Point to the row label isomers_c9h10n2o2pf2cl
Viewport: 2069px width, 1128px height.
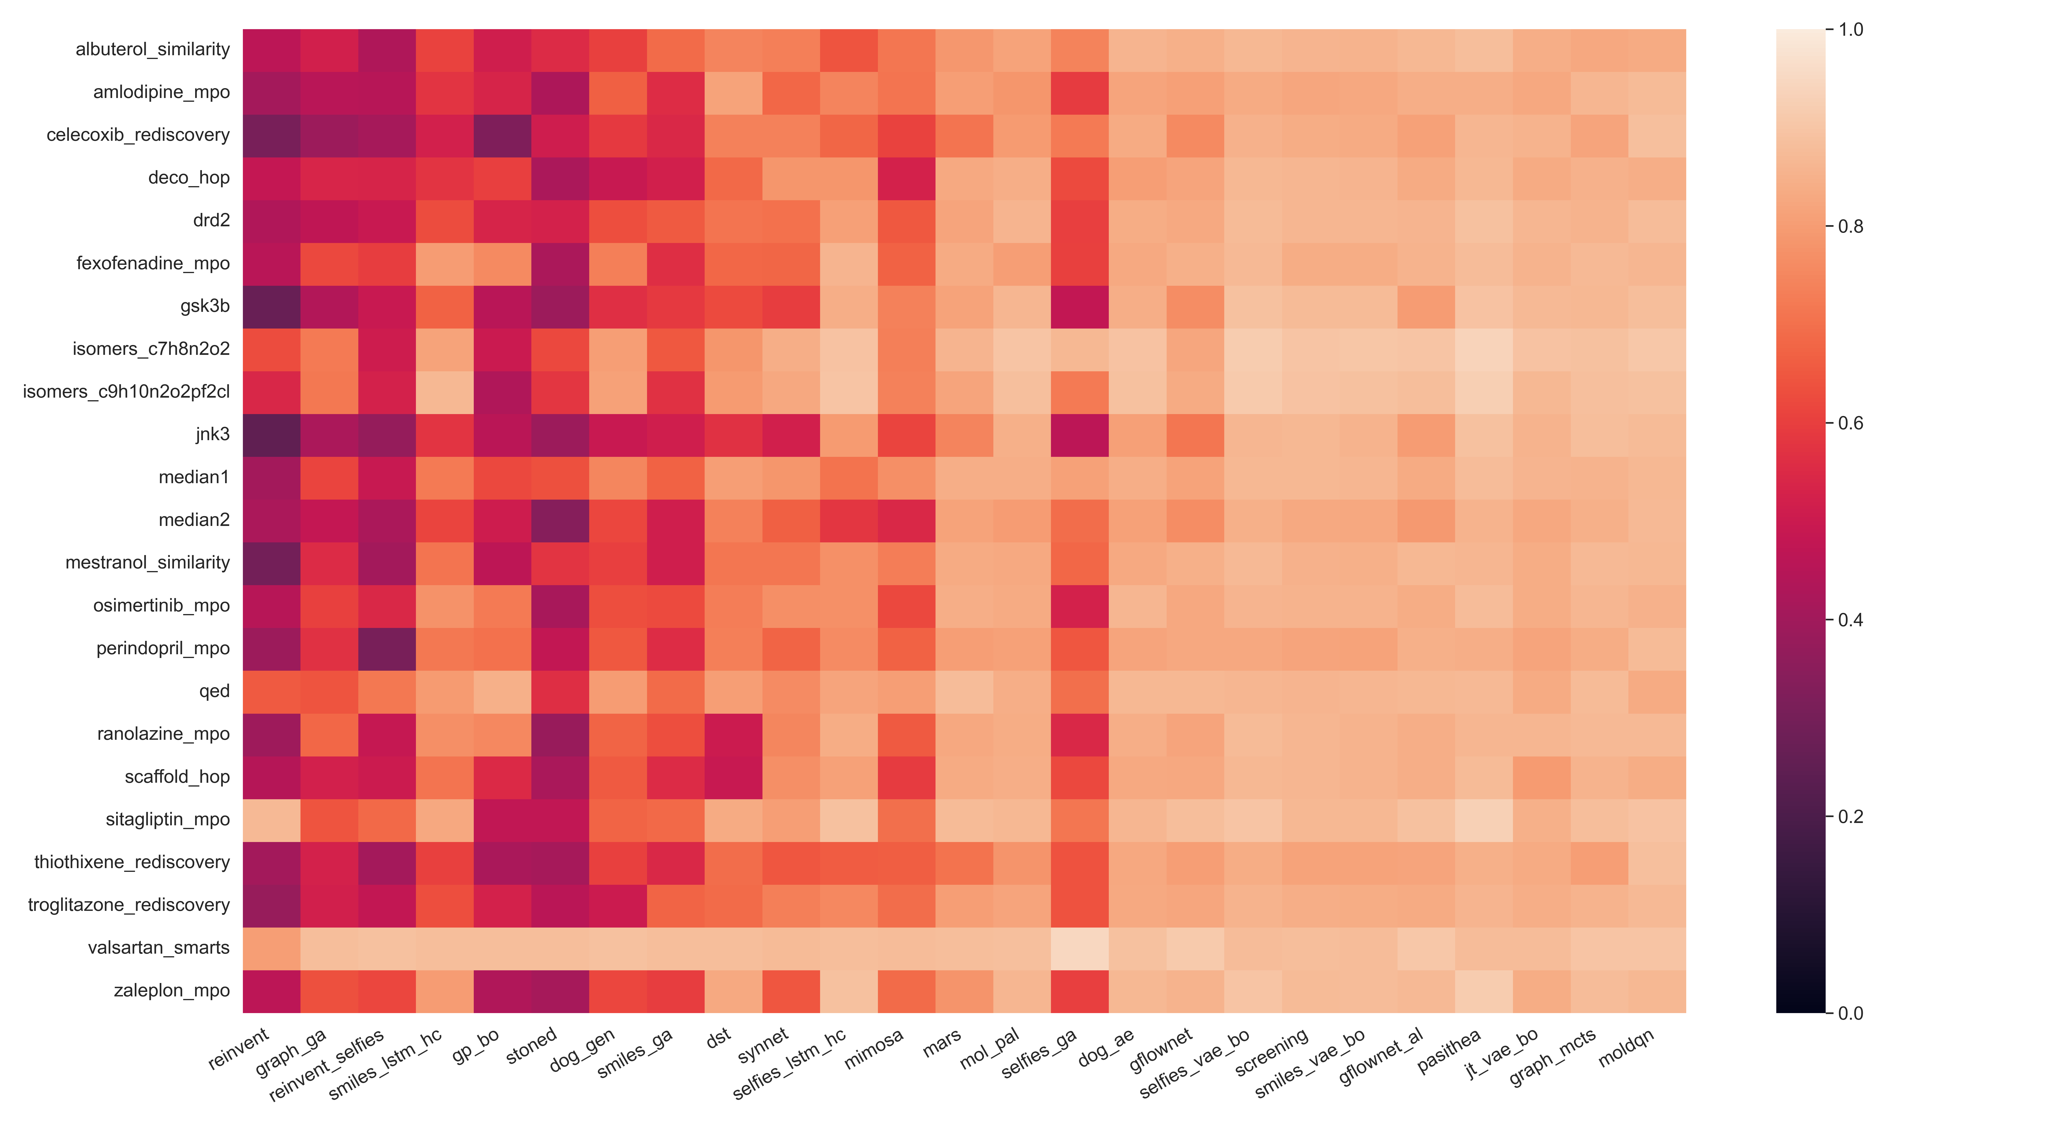[126, 392]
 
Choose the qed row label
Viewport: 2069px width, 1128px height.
[214, 691]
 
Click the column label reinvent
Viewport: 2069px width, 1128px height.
[239, 1049]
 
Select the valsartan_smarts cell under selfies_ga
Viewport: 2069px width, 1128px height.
[1079, 948]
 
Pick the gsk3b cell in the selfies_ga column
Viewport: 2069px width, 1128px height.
[1079, 307]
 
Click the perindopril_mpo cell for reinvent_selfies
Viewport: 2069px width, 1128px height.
[387, 649]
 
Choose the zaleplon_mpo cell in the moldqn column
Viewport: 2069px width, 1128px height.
[1657, 991]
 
